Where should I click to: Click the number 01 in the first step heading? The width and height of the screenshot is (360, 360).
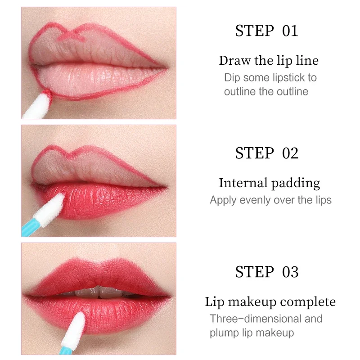tap(290, 31)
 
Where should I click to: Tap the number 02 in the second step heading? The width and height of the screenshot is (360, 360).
tap(290, 153)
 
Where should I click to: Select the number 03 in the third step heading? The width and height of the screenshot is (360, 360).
tap(290, 272)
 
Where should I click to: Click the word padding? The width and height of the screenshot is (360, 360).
tap(295, 184)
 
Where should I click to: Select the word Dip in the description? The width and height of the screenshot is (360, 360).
tap(232, 77)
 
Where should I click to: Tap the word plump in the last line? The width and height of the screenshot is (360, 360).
tap(224, 333)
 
